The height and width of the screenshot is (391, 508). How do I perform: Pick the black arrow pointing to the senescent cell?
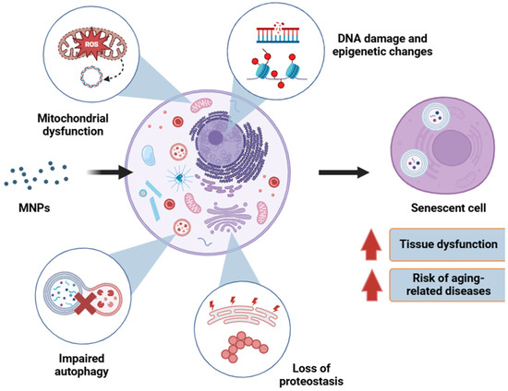click(x=340, y=172)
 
